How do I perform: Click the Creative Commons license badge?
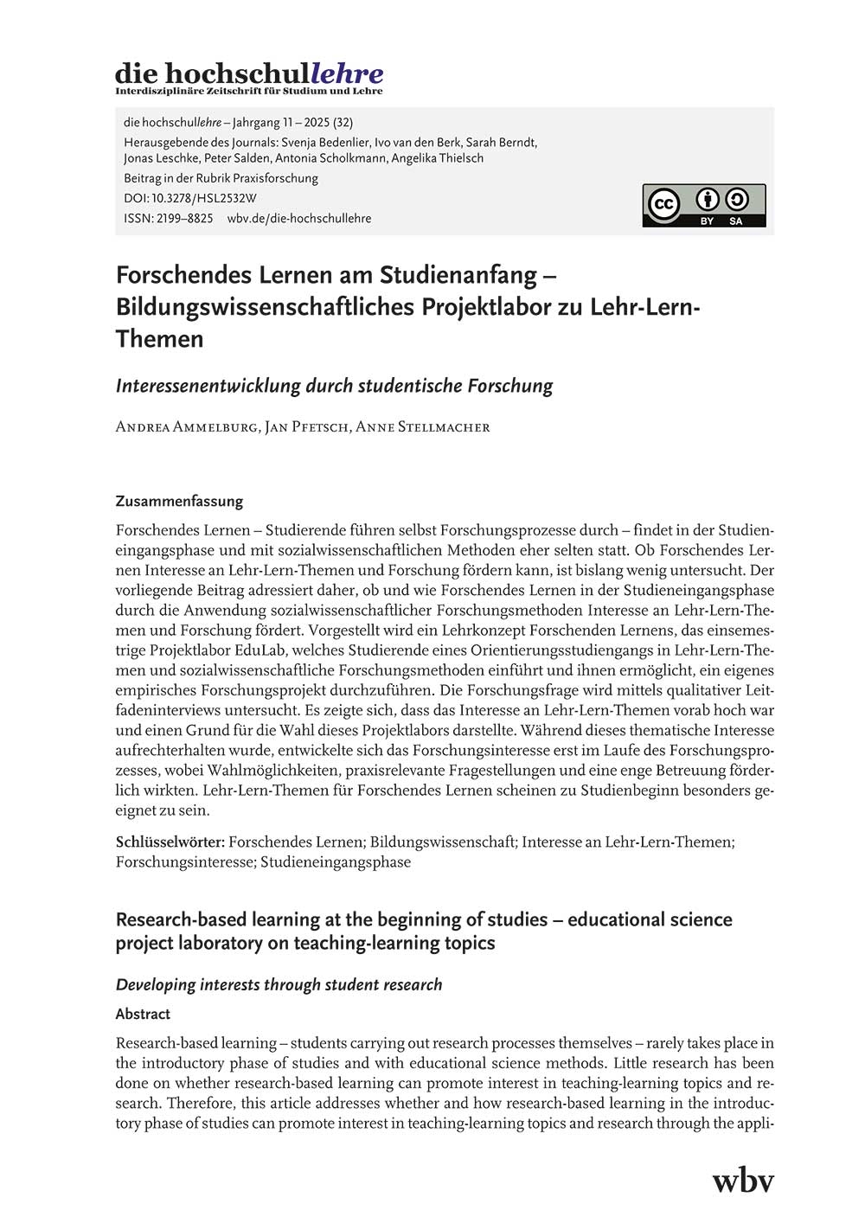point(703,206)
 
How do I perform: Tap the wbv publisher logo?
point(742,1181)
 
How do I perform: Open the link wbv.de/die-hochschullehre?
point(299,218)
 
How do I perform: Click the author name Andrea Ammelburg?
point(187,426)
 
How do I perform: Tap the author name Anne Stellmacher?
point(423,426)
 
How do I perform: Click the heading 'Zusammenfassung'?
point(179,501)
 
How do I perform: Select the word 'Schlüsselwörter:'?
point(170,842)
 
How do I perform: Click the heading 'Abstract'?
point(143,1014)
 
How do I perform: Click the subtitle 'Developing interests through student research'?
point(279,984)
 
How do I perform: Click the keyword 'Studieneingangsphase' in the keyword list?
point(336,861)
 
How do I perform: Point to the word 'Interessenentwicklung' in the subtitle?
point(208,386)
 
